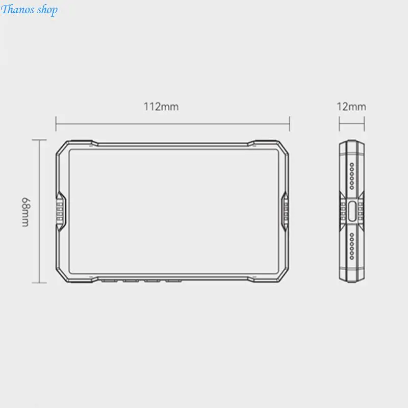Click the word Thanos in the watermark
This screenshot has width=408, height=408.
pos(18,9)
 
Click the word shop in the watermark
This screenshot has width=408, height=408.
pos(47,10)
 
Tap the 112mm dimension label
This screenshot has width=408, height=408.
pos(161,107)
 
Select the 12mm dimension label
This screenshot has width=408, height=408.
pos(351,107)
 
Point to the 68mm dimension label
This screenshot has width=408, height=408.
pos(25,212)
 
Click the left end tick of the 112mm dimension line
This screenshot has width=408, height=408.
pos(56,124)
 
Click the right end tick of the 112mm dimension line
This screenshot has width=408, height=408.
pos(290,124)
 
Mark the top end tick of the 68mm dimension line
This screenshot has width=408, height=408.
pos(39,140)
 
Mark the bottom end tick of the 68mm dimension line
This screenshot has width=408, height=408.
pos(39,283)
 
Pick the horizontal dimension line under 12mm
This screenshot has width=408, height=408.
pos(352,124)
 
